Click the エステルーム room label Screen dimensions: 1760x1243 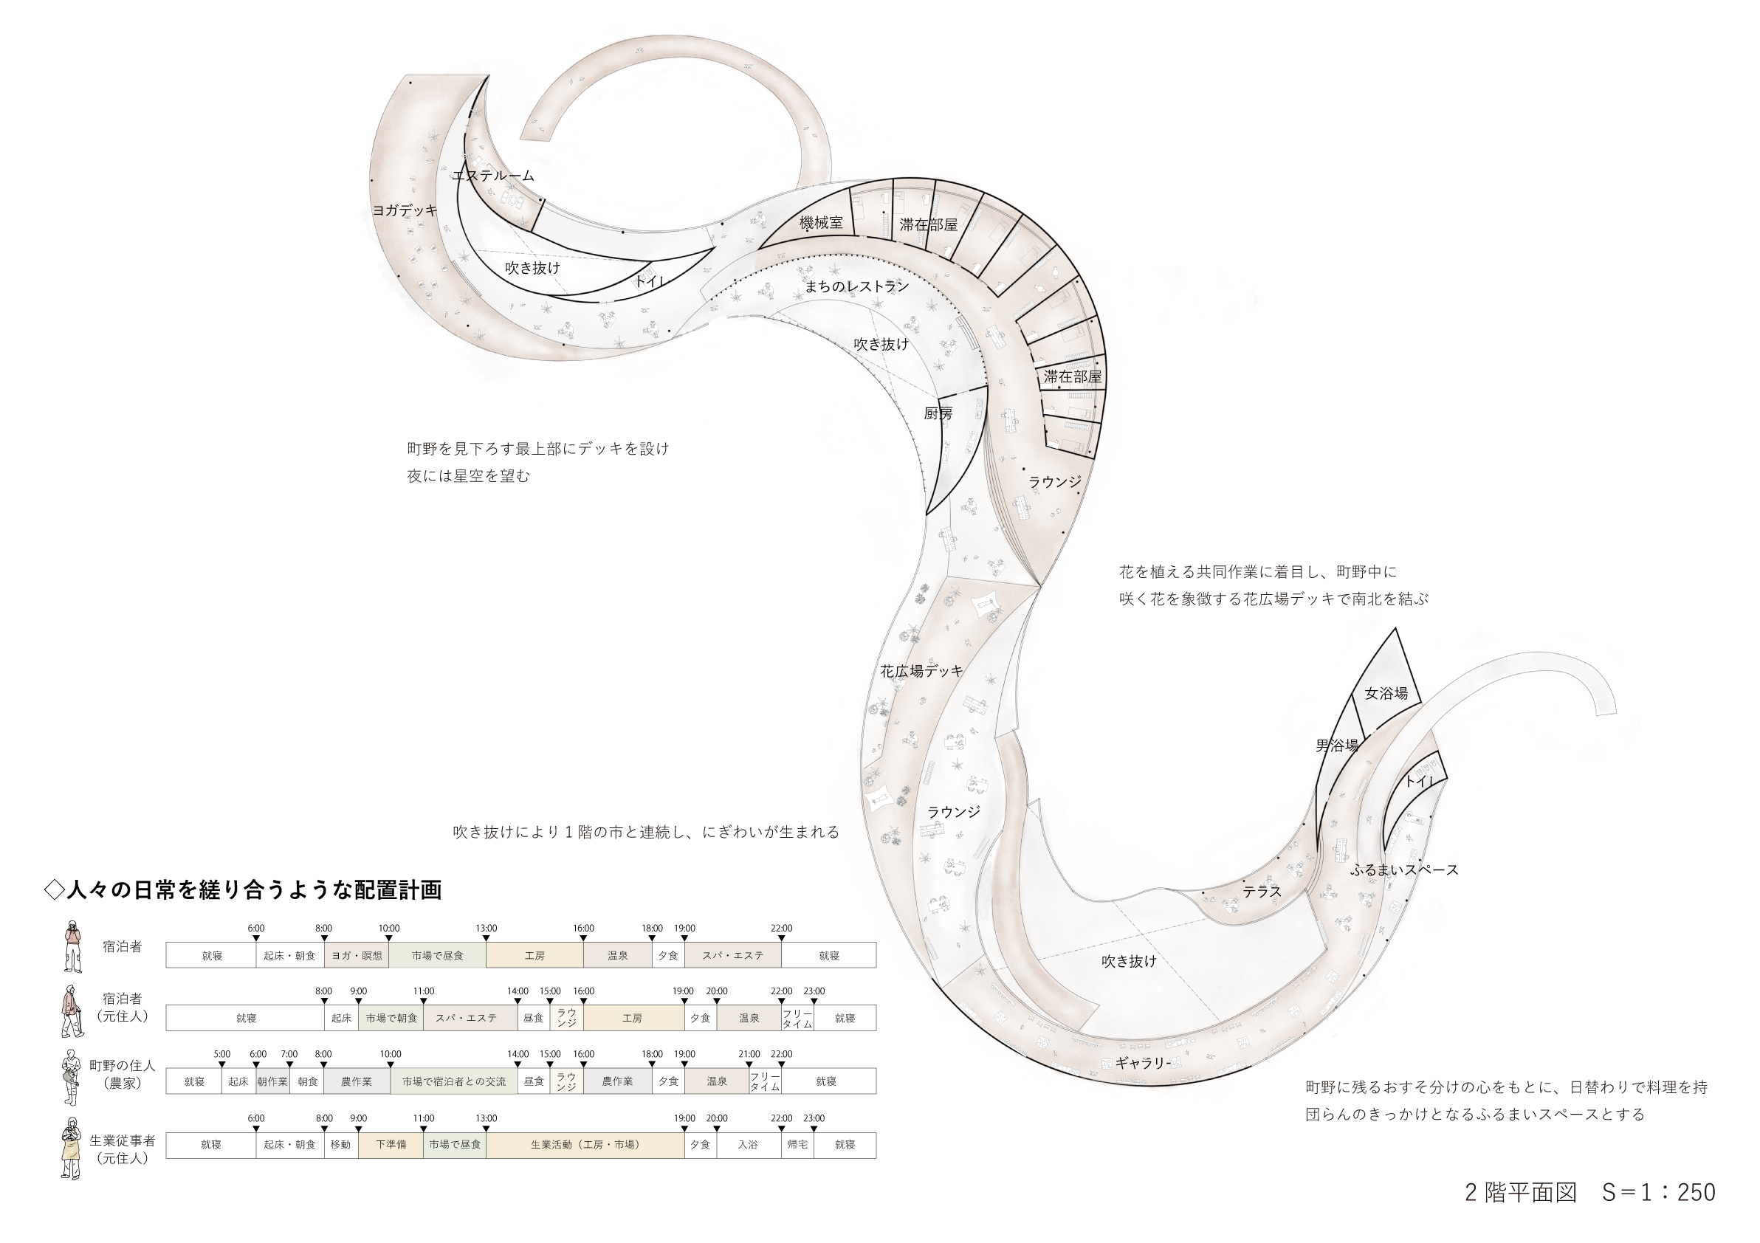(x=493, y=176)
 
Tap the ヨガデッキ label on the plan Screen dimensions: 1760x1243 (x=405, y=210)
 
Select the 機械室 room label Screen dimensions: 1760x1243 (x=821, y=222)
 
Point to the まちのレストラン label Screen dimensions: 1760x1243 (x=856, y=286)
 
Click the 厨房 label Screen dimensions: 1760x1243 (x=938, y=413)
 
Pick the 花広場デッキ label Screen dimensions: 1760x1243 (x=921, y=670)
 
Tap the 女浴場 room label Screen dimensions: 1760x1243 (x=1386, y=693)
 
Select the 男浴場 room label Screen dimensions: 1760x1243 (x=1337, y=745)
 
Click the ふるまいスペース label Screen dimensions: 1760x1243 (x=1404, y=870)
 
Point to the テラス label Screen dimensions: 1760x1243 (x=1262, y=891)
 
